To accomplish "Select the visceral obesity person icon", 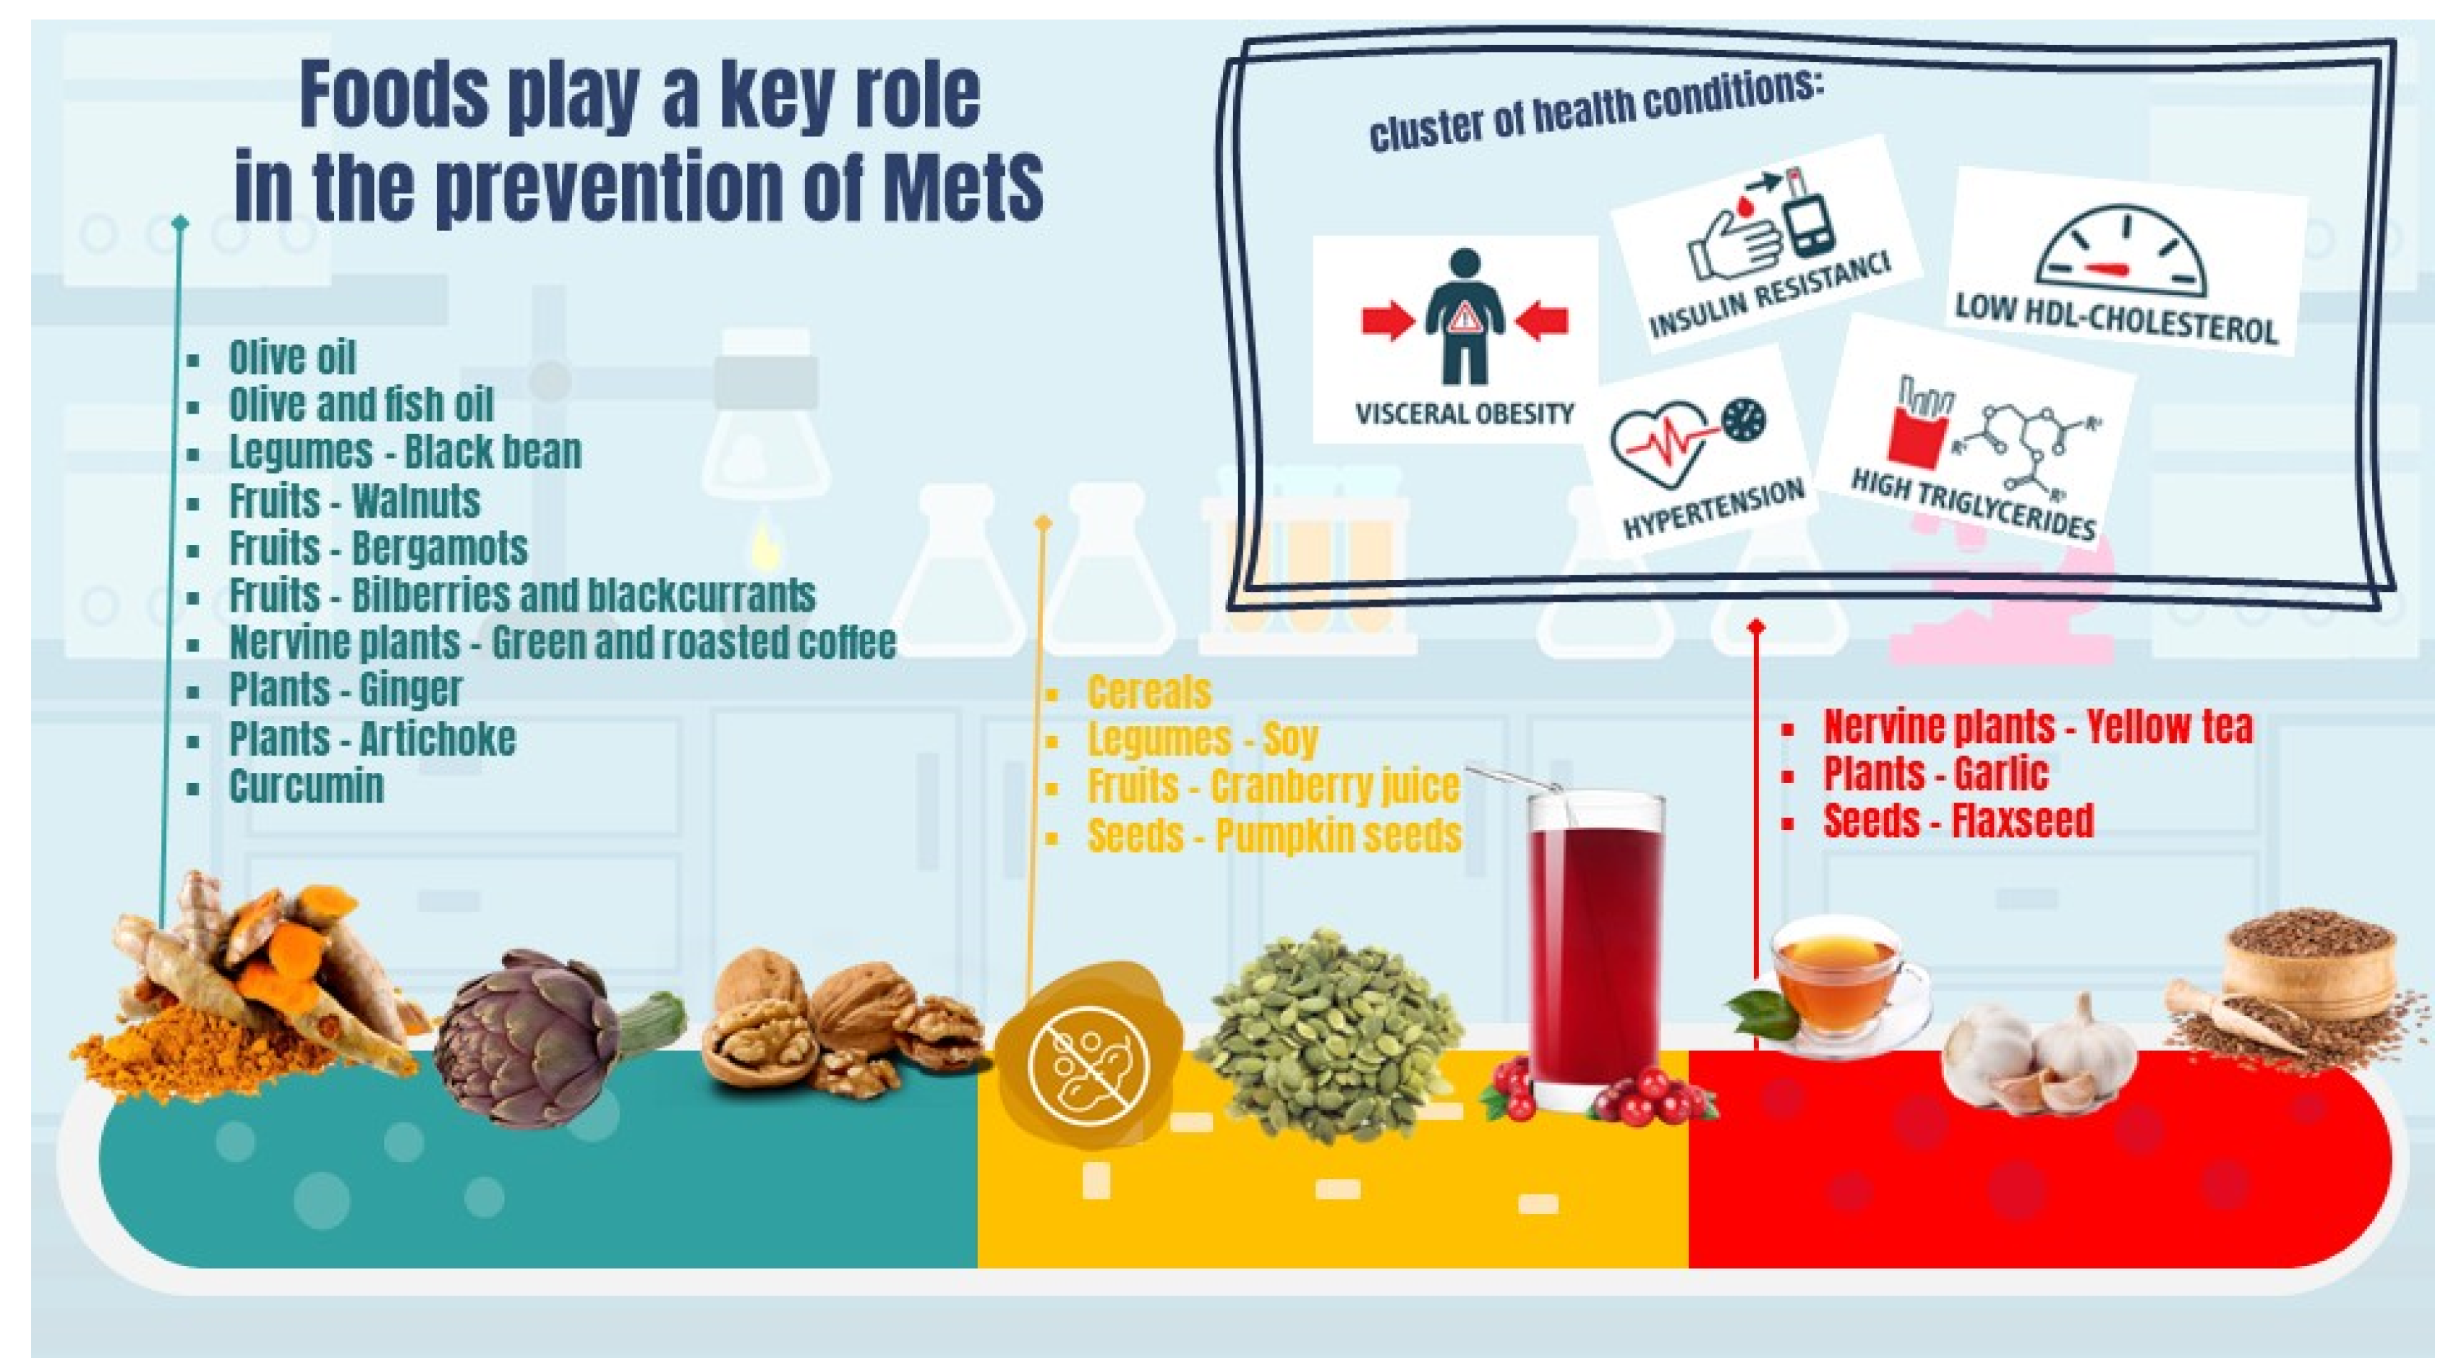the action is pyautogui.click(x=1465, y=317).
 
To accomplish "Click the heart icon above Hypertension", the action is pyautogui.click(x=1655, y=443).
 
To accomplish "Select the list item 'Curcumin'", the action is pyautogui.click(x=307, y=787).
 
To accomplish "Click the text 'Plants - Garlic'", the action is pyautogui.click(x=1935, y=774).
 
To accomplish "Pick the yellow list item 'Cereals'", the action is pyautogui.click(x=1148, y=692).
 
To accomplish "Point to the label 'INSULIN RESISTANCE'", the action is pyautogui.click(x=1769, y=297).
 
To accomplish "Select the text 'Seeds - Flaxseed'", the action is pyautogui.click(x=1958, y=820).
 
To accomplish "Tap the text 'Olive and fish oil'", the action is pyautogui.click(x=362, y=404).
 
